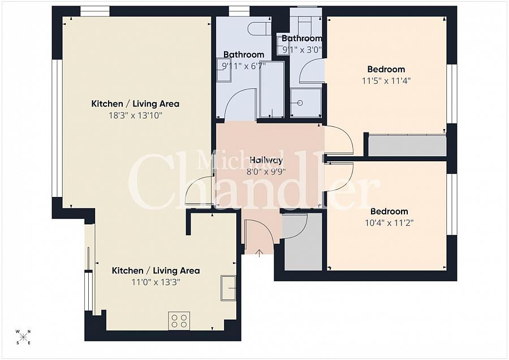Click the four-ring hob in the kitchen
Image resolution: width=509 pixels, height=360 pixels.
click(179, 321)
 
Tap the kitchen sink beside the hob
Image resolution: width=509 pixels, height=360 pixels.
click(229, 288)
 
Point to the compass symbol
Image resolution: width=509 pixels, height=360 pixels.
click(23, 337)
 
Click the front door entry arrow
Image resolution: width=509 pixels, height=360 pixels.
click(259, 251)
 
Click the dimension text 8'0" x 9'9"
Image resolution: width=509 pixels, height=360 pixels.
click(266, 172)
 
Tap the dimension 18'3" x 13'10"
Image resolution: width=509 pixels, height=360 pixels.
click(135, 115)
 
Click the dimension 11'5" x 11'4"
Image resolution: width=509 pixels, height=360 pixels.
click(386, 80)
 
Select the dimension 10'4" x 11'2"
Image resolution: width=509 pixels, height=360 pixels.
click(389, 222)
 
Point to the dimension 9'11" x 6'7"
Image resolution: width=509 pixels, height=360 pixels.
click(243, 66)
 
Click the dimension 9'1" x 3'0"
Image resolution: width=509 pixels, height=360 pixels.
click(302, 49)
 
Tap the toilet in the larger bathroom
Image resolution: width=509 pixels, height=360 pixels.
click(260, 27)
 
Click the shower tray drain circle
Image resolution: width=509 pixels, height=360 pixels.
click(300, 102)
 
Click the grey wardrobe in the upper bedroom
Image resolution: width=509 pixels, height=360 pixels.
click(407, 145)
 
